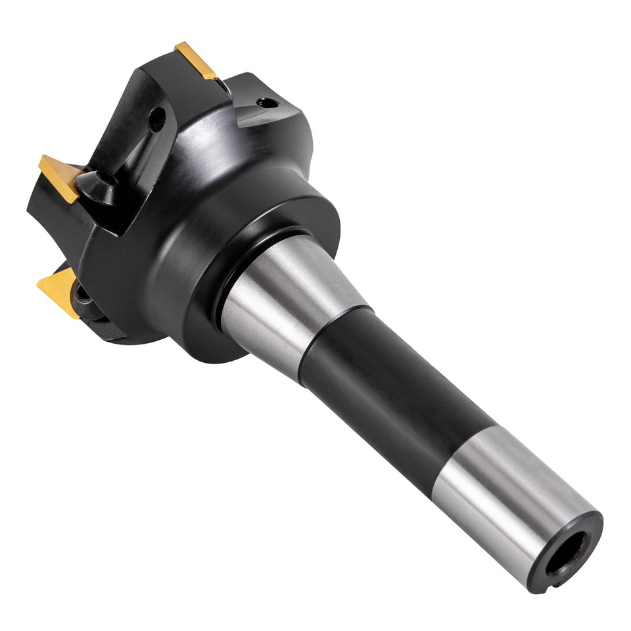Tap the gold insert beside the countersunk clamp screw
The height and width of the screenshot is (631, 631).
[x=60, y=177]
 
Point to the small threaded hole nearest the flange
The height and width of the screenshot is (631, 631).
[x=267, y=103]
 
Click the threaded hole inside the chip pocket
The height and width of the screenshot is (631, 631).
[x=157, y=119]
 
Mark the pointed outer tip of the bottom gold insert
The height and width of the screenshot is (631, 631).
[x=39, y=284]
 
